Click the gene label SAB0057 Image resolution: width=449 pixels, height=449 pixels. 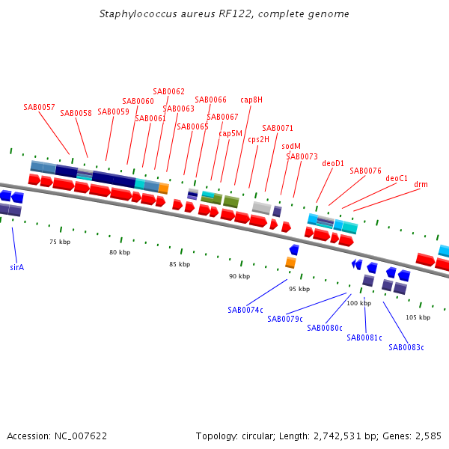(39, 107)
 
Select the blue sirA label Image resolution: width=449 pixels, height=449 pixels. (16, 266)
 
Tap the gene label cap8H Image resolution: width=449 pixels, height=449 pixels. (251, 100)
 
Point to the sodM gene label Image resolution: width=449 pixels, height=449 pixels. (291, 146)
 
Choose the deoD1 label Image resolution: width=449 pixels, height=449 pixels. (333, 162)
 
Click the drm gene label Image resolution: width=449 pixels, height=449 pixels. (421, 184)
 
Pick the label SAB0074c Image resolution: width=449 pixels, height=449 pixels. (245, 310)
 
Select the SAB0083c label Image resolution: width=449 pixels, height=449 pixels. (406, 347)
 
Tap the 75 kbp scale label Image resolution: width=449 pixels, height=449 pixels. (60, 242)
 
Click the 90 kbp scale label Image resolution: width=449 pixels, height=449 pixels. (239, 276)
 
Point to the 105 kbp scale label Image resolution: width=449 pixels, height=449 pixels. (418, 317)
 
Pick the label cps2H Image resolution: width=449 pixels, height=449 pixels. (259, 138)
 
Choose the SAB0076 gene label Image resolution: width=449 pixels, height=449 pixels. (365, 171)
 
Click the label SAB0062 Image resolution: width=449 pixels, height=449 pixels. (168, 91)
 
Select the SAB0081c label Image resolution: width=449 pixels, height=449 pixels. (364, 337)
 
